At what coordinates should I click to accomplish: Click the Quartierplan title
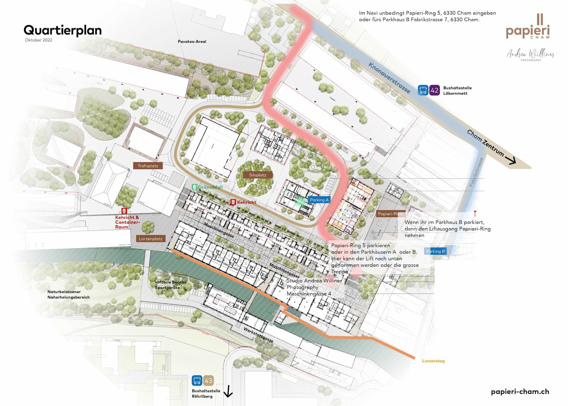coord(62,30)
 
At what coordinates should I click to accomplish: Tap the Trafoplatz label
coord(148,166)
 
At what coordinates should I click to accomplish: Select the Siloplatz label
coord(257,175)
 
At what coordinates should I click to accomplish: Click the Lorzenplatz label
coord(151,239)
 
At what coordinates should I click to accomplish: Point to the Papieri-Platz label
coord(390,214)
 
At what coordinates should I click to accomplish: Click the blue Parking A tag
coord(319,200)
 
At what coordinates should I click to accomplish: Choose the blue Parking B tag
coord(435,251)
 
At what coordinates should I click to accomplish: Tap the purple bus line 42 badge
coord(434,90)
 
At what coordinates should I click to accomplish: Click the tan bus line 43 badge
coord(208,381)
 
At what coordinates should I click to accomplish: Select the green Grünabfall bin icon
coord(194,187)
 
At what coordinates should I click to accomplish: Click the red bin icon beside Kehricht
coord(233,202)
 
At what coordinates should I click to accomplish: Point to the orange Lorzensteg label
coord(433,361)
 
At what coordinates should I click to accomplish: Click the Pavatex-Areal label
coord(192,42)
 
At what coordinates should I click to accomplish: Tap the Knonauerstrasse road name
coord(389,78)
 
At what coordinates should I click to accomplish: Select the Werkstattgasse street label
coord(258,335)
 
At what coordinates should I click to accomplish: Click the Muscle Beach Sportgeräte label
coord(170,285)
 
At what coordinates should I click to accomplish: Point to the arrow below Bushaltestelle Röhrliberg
coord(228,391)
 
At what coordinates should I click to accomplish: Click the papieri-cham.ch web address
coord(520,391)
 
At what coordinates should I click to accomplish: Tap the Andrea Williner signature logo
coord(530,54)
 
